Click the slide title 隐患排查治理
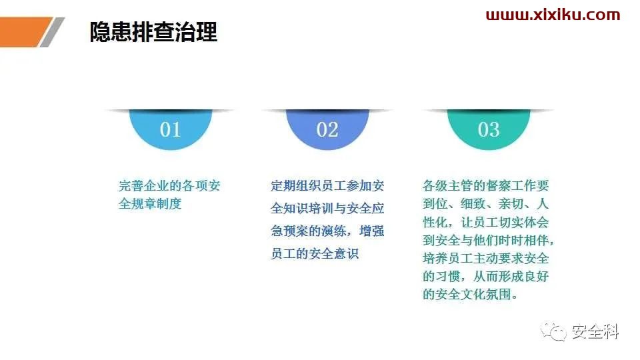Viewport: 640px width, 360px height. (x=153, y=32)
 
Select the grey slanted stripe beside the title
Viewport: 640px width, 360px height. (x=52, y=32)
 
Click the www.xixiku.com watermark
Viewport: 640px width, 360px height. (x=553, y=15)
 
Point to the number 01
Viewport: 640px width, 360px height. (x=170, y=129)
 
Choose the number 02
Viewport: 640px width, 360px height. (x=327, y=129)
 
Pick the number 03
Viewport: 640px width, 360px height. (x=489, y=129)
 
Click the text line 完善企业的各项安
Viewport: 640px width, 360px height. (x=169, y=186)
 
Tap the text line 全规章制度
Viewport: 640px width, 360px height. (x=150, y=203)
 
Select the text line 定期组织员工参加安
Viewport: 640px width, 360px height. (x=327, y=186)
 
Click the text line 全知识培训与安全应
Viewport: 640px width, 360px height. (x=327, y=208)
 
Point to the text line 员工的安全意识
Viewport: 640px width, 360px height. (x=315, y=253)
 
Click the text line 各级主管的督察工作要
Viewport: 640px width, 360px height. (x=486, y=186)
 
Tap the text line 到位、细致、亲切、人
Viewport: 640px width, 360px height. (x=486, y=203)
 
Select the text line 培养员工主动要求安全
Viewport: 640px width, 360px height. (x=486, y=258)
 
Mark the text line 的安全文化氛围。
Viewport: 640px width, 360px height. (x=470, y=294)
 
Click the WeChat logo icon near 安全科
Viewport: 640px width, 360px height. (x=554, y=331)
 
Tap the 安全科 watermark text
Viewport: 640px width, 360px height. (x=595, y=331)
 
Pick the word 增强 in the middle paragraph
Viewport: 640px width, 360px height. (x=371, y=231)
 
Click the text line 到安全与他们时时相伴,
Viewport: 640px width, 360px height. (x=488, y=240)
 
